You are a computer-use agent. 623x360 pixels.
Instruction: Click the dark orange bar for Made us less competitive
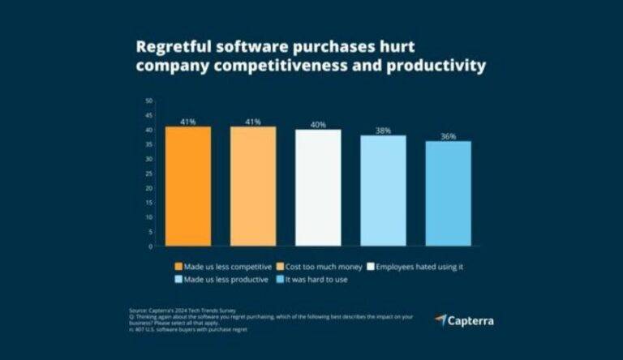coord(187,186)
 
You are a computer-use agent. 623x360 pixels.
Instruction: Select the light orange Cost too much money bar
coord(252,186)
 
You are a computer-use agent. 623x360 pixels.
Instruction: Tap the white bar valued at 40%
coord(318,187)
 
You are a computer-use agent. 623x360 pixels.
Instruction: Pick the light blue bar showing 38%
coord(383,191)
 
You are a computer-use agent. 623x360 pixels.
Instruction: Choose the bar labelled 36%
coord(448,193)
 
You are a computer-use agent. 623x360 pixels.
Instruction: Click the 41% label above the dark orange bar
coord(187,122)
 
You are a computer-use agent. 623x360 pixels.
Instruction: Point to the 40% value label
coord(318,124)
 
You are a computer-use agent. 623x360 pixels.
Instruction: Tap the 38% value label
coord(383,130)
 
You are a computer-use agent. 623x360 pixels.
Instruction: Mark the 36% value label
coord(448,136)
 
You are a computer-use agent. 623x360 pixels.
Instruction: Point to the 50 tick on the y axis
coord(148,101)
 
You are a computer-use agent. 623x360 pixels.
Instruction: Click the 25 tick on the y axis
coord(148,174)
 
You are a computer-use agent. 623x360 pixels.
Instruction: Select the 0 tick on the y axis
coord(150,246)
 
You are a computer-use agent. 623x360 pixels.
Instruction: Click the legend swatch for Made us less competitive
coord(178,265)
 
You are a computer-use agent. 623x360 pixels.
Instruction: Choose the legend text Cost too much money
coord(316,265)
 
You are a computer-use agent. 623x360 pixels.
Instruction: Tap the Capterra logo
coord(463,320)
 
